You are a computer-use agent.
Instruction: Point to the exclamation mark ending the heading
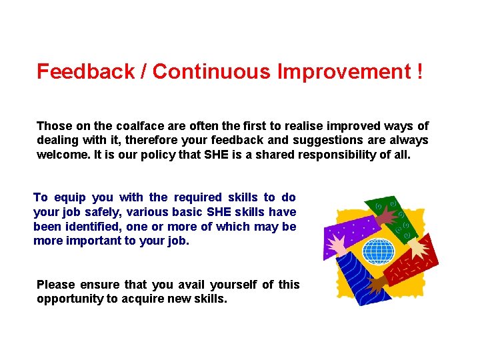point(418,72)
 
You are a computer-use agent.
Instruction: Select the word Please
point(56,285)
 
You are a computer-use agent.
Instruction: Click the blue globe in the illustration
point(378,251)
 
